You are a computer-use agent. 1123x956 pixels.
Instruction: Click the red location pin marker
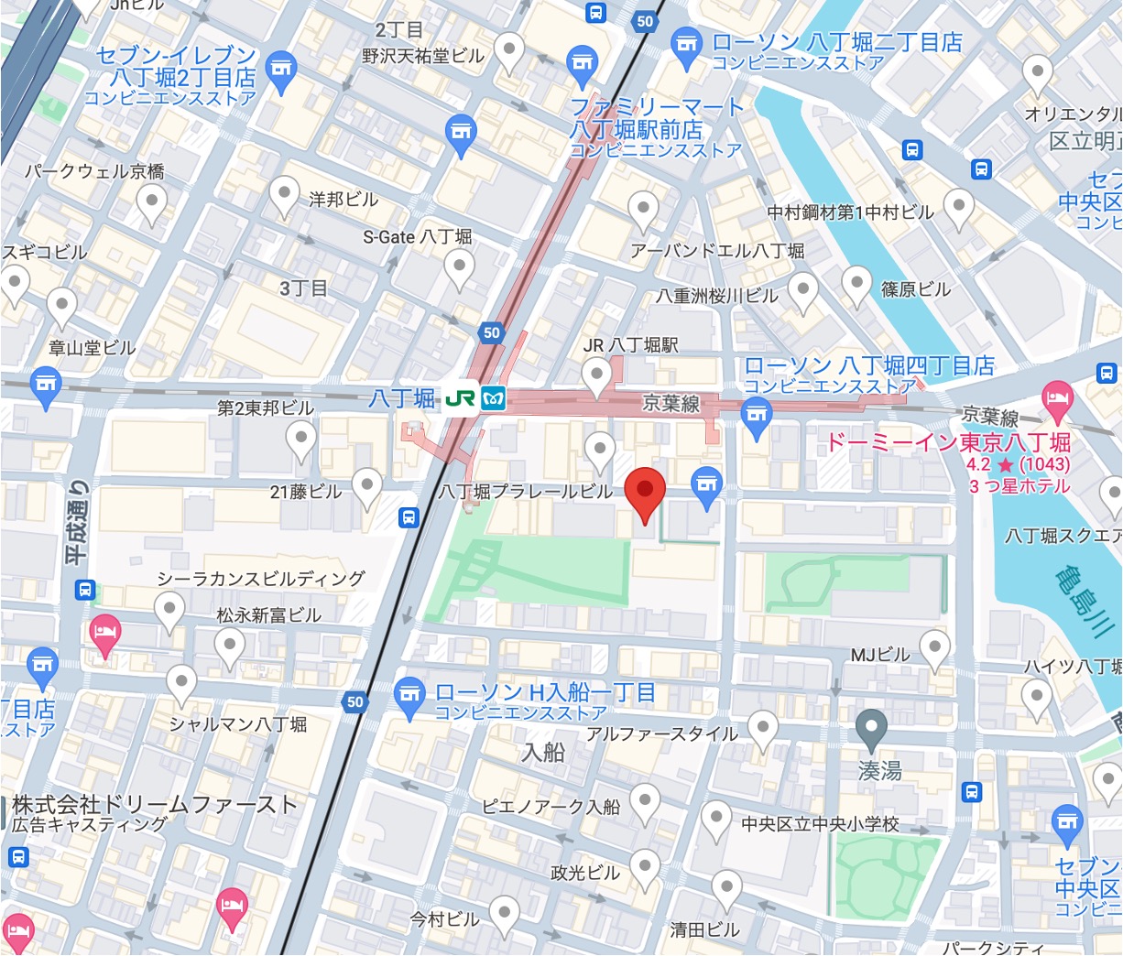pos(645,493)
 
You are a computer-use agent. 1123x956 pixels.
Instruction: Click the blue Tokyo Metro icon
pos(494,399)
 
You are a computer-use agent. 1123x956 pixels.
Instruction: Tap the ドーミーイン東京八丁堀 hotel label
pos(948,443)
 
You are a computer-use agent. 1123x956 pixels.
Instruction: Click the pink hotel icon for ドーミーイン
pos(1058,397)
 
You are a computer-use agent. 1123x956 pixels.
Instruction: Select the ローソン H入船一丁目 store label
pos(545,693)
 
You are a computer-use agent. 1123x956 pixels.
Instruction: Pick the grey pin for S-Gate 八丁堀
pos(459,267)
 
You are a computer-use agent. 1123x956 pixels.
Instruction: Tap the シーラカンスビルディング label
pos(261,579)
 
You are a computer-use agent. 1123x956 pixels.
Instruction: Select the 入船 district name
pos(543,753)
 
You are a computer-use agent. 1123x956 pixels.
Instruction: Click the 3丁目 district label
pos(303,288)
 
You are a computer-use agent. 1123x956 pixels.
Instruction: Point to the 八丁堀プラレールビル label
pos(525,492)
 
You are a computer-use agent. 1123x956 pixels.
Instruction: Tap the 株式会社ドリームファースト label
pos(155,805)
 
